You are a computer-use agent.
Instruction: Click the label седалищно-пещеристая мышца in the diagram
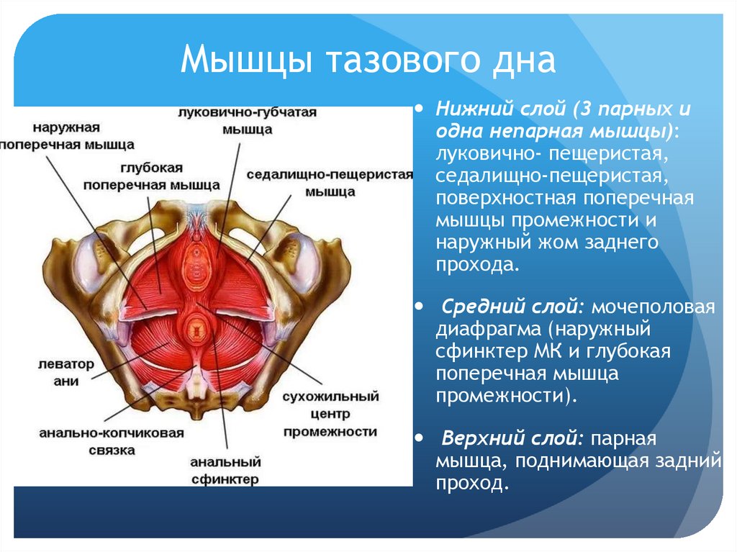tap(330, 183)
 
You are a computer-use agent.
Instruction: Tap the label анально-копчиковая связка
tap(112, 441)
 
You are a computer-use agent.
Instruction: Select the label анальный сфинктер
tap(225, 470)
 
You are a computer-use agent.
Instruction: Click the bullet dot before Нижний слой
tap(420, 109)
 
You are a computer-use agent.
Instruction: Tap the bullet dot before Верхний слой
tap(420, 437)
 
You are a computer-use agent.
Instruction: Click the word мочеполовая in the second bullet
tap(653, 307)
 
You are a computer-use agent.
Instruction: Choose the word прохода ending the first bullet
tap(475, 264)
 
